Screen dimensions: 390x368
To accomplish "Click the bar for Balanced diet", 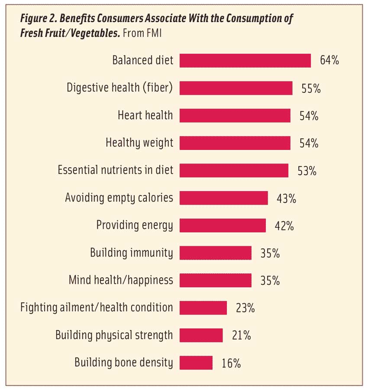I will point(245,61).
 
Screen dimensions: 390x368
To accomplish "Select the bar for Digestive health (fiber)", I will point(236,88).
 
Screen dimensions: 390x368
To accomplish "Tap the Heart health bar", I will point(235,115).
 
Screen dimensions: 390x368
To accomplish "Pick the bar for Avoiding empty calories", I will point(224,198).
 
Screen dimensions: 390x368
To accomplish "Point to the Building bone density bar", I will point(196,363).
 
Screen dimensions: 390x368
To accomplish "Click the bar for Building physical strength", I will point(201,335).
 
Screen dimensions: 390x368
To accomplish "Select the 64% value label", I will point(329,61).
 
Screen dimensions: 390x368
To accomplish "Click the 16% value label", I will point(231,363).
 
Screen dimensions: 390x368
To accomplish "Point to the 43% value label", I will point(286,198).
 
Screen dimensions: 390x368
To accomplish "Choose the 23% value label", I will point(245,308).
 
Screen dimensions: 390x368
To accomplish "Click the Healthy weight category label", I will point(139,143).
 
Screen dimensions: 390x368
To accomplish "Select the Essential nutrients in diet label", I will point(115,170).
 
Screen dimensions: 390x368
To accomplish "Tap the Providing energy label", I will point(135,225).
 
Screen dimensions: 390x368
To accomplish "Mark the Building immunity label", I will point(132,253).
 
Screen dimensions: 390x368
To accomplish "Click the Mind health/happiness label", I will point(121,280).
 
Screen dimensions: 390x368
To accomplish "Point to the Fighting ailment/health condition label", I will point(97,308).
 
